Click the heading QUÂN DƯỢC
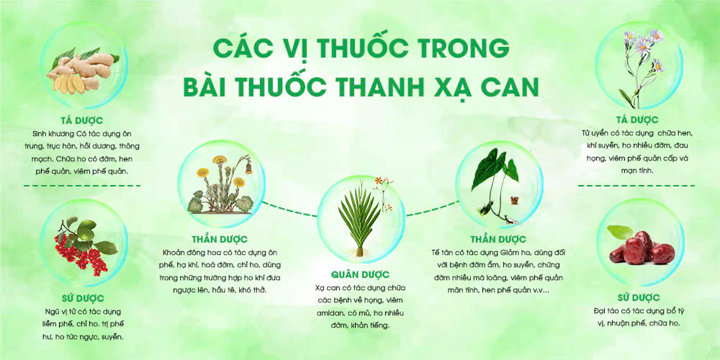pos(360,274)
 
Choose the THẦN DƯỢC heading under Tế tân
pos(497,239)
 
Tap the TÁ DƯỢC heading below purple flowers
pos(636,119)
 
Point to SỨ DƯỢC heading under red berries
pos(84,297)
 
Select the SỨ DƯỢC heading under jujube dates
pos(637,296)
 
